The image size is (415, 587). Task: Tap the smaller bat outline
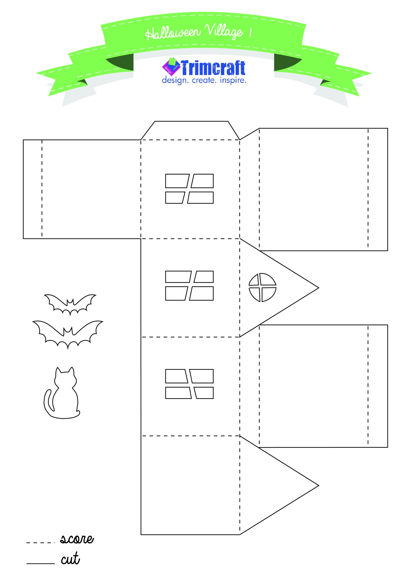coord(70,305)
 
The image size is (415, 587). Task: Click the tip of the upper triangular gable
coord(319,288)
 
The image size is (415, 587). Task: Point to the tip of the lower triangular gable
coord(319,485)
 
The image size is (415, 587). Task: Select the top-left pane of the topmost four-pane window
coord(177,181)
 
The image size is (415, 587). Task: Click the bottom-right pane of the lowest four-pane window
coord(204,393)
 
